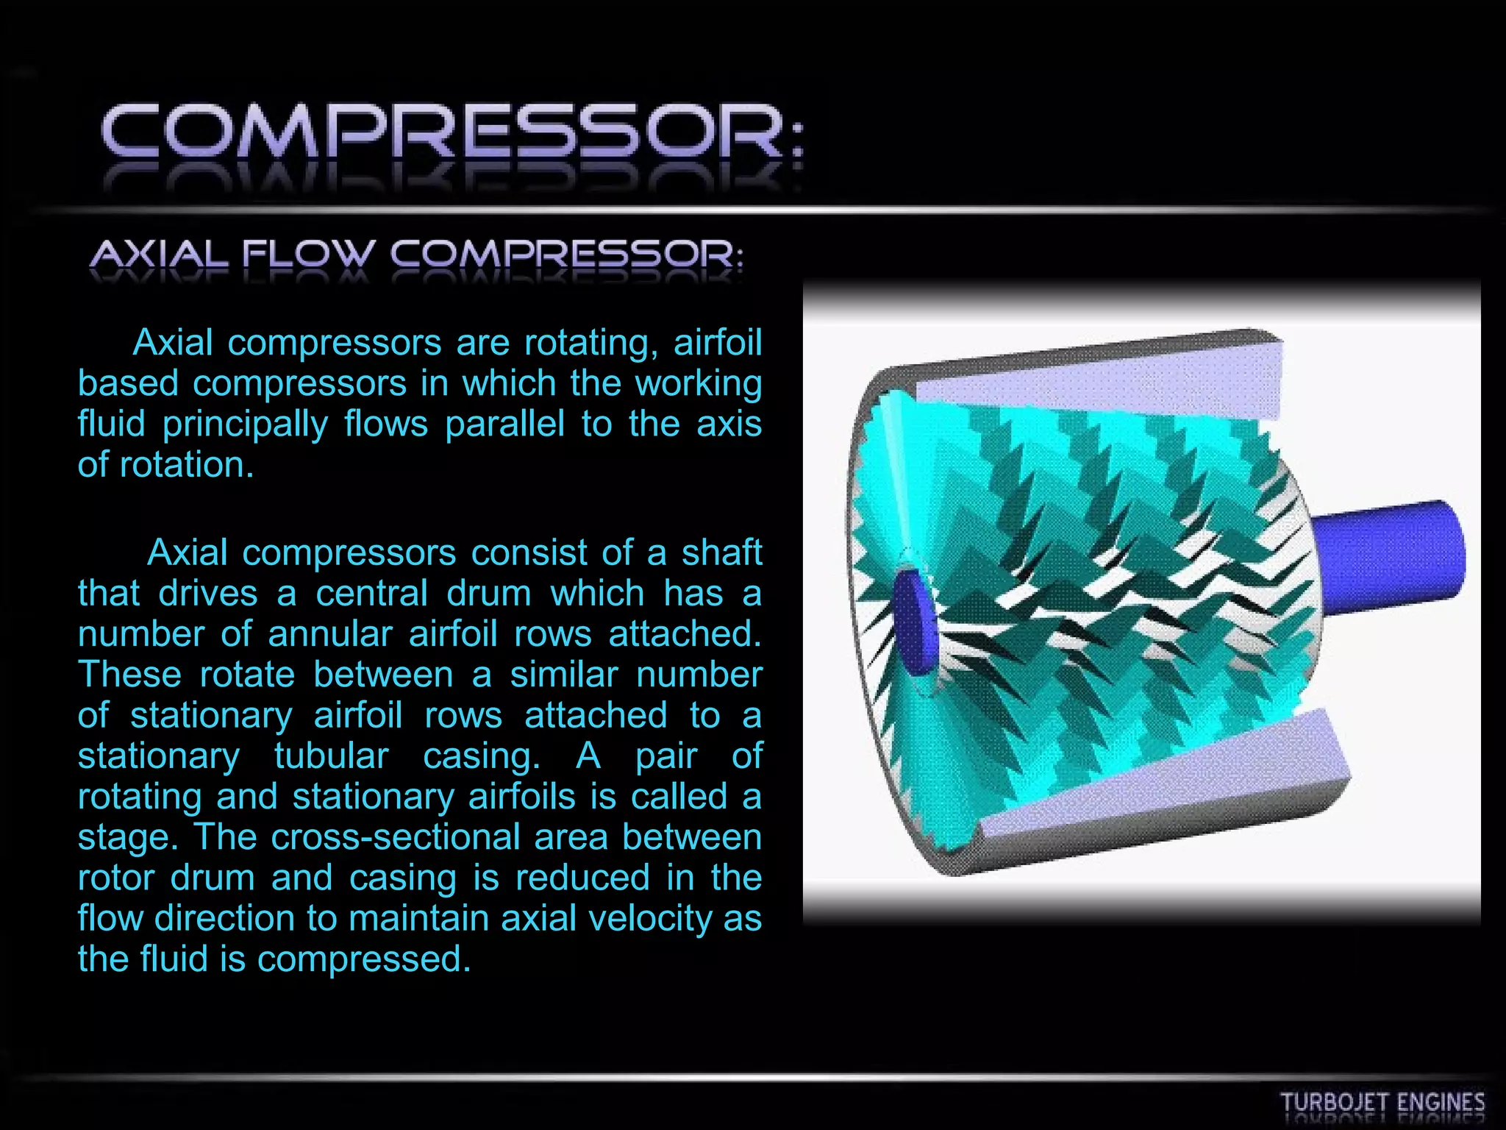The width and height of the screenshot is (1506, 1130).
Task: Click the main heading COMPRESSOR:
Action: coord(452,132)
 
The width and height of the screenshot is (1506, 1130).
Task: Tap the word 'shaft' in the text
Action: coord(721,552)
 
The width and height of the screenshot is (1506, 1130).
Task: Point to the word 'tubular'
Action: coord(331,756)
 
